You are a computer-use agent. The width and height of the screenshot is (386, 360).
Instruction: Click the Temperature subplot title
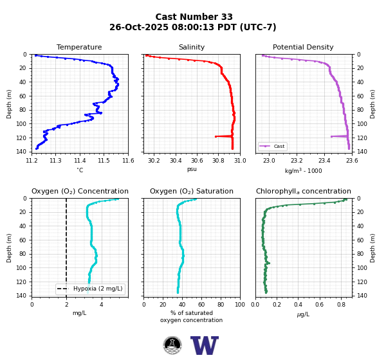click(x=79, y=47)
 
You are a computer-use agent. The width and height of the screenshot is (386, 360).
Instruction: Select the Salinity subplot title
click(x=192, y=47)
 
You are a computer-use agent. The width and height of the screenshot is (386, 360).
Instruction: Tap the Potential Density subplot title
click(x=303, y=47)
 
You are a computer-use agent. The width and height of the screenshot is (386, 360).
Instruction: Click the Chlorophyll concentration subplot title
click(x=303, y=191)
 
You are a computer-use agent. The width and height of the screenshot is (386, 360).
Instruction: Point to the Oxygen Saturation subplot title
click(x=192, y=191)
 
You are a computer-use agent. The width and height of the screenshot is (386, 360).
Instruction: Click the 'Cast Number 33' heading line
click(x=194, y=17)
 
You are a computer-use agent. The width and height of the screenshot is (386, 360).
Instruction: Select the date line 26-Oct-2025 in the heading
click(x=193, y=27)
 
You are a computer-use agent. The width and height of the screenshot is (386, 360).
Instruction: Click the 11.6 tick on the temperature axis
click(x=128, y=161)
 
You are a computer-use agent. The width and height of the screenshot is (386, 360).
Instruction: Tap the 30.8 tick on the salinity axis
click(x=218, y=161)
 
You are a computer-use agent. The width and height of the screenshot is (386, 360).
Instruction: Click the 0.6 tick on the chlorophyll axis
click(x=319, y=305)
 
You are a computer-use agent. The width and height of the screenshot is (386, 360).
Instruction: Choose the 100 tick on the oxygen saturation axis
click(x=240, y=305)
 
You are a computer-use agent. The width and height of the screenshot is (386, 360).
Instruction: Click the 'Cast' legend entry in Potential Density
click(x=273, y=146)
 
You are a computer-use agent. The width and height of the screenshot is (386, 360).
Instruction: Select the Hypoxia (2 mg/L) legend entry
click(x=90, y=289)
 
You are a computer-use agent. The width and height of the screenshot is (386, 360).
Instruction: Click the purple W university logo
click(x=205, y=345)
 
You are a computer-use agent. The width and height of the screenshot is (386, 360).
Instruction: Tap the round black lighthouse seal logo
click(x=172, y=345)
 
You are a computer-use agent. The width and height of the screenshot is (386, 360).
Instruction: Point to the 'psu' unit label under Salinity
click(x=192, y=169)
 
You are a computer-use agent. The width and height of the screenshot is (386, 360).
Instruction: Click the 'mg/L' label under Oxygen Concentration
click(x=80, y=313)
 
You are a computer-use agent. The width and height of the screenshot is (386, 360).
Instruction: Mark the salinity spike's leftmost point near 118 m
click(x=216, y=136)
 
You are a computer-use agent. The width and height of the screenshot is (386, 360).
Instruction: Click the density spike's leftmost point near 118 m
click(x=331, y=136)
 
